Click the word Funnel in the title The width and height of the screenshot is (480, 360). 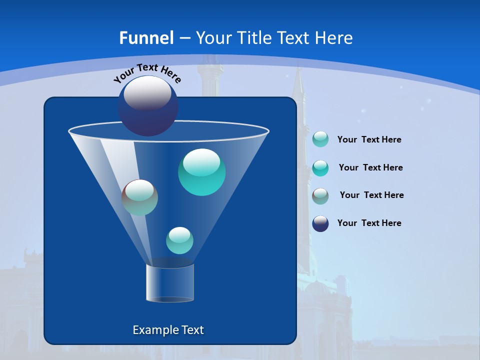coord(146,38)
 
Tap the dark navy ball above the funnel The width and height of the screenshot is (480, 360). coord(148,106)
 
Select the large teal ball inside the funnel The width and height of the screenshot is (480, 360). coord(201,172)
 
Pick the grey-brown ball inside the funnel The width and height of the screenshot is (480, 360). coord(140,197)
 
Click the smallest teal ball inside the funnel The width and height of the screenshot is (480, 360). coord(179,240)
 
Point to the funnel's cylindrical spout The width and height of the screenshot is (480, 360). coord(170,283)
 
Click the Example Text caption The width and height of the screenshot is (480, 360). coord(168,330)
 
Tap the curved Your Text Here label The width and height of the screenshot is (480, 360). coord(147,73)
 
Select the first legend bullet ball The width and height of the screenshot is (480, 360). coord(320,139)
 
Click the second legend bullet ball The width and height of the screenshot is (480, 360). coord(320,168)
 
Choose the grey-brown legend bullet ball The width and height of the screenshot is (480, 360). coord(320,196)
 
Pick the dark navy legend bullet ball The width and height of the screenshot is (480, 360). coord(320,223)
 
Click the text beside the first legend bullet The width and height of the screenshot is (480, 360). coord(369,140)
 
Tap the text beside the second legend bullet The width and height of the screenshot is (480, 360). coord(370,168)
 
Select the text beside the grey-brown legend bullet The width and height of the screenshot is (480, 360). coord(371,195)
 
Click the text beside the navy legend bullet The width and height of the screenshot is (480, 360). coord(369,223)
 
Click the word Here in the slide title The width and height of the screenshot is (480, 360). coord(334,38)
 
